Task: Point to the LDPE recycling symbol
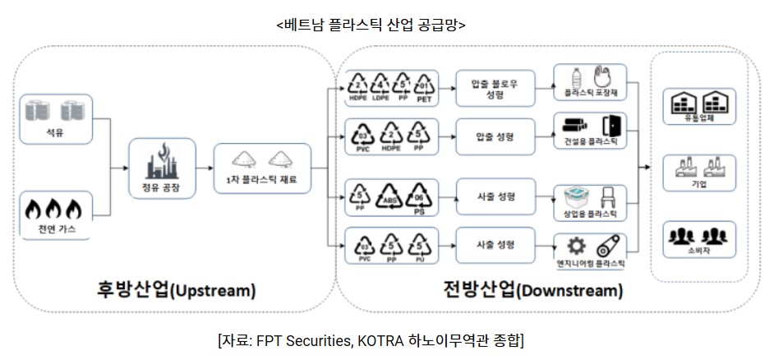(x=380, y=85)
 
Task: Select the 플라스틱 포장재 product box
(x=590, y=85)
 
